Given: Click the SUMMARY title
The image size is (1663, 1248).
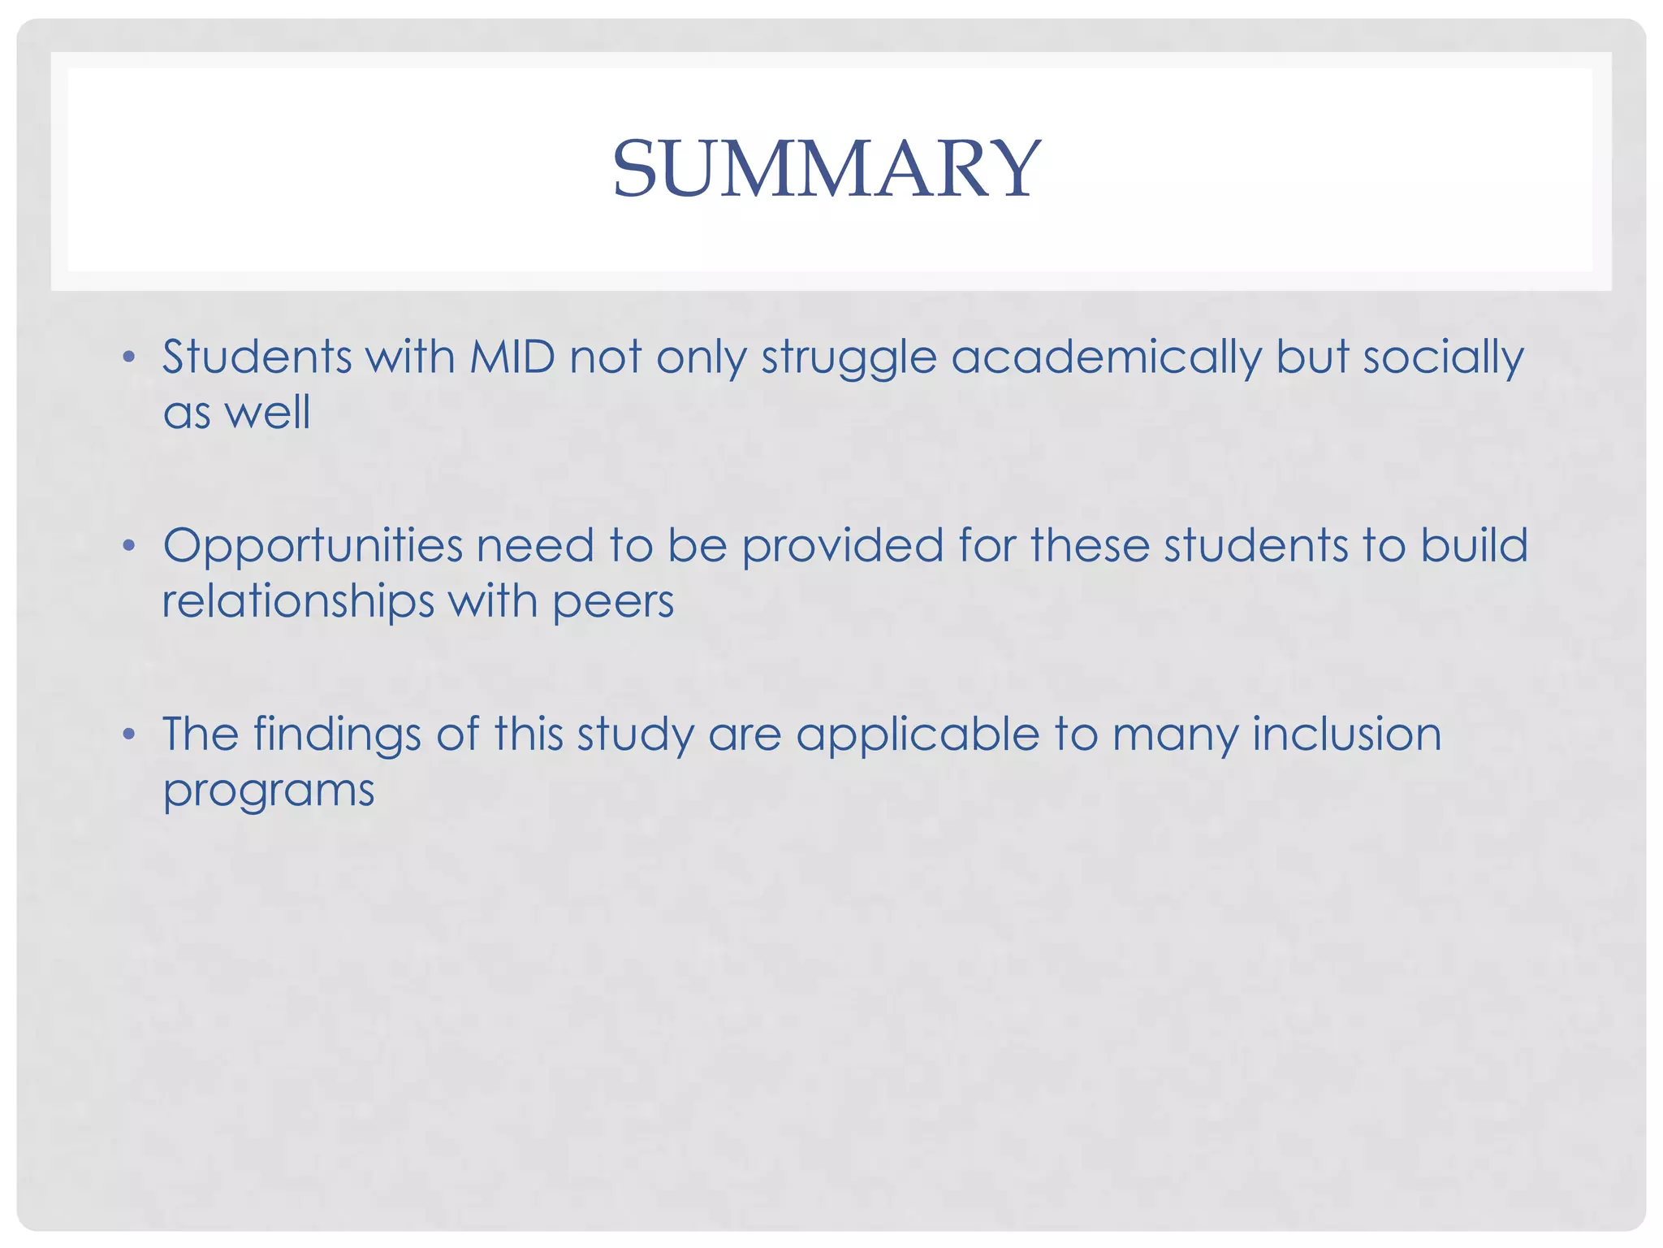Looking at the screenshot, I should [825, 168].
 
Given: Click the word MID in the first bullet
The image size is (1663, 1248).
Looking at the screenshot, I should [512, 357].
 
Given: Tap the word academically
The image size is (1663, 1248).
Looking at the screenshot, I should [1106, 358].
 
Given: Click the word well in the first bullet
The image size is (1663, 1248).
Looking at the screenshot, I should [267, 412].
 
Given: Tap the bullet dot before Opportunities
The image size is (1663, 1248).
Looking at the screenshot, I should [128, 545].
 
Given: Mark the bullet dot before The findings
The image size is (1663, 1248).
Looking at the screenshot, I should [128, 734].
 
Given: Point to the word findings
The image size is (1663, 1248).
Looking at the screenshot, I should [337, 735].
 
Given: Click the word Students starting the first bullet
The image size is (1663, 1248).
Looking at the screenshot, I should [257, 357].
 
